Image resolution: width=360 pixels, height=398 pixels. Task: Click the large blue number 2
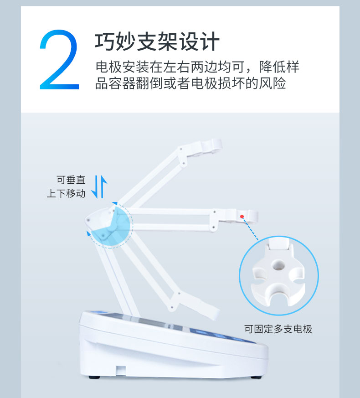[x=59, y=60]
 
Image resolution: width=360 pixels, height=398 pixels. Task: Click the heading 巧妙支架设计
[x=157, y=41]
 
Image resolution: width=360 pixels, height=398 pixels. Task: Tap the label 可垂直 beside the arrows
[x=71, y=180]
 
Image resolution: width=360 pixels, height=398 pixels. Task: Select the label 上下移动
[x=66, y=193]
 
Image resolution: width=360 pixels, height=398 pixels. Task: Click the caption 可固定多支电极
[x=278, y=329]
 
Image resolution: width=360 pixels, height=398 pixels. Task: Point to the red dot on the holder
[x=242, y=217]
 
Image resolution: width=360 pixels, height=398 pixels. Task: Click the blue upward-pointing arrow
[x=103, y=186]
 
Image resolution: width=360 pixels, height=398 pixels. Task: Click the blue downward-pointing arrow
[x=95, y=187]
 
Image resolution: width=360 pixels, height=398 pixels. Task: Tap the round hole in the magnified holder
[x=278, y=265]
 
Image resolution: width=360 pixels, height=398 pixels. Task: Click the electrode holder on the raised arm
[x=212, y=146]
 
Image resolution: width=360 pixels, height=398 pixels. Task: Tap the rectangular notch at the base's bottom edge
[x=121, y=371]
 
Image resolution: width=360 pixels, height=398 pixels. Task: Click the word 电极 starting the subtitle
[x=108, y=67]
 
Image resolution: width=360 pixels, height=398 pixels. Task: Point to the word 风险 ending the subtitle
[x=272, y=83]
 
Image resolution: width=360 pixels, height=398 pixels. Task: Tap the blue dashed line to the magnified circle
[x=250, y=228]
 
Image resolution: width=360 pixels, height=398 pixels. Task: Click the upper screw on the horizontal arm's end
[x=215, y=212]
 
